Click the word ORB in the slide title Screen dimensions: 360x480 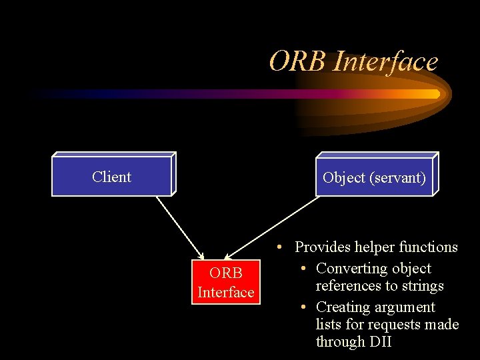click(x=297, y=62)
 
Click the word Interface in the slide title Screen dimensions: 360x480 click(x=385, y=62)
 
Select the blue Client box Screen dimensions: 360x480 click(x=111, y=177)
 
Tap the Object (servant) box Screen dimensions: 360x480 click(x=374, y=177)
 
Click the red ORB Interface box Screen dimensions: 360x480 click(x=225, y=283)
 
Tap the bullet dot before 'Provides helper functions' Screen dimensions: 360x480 click(x=282, y=247)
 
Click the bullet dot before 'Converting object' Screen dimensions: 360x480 click(x=303, y=269)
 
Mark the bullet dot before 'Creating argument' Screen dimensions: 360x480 click(x=303, y=307)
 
